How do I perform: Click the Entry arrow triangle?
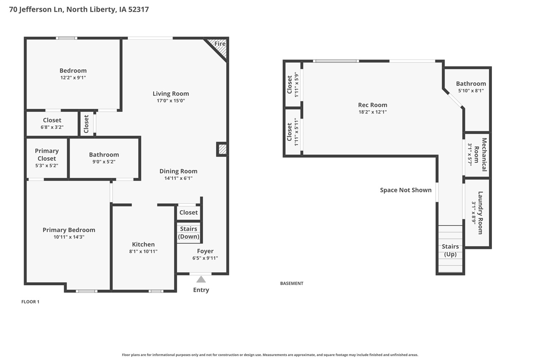201,279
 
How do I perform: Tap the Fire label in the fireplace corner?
220,44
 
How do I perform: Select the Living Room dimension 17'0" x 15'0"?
171,101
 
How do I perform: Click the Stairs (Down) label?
189,233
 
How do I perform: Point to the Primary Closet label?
47,154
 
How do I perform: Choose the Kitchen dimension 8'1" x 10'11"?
143,252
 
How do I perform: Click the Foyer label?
205,251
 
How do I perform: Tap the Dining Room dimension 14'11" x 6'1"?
178,178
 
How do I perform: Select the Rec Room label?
373,105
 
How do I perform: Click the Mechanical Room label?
481,154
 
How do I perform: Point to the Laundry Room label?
481,213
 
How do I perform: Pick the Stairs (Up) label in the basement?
450,250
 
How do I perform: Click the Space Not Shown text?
406,190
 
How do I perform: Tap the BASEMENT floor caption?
292,284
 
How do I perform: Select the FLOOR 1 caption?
30,302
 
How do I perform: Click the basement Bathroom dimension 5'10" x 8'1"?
471,91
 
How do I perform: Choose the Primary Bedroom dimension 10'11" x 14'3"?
69,237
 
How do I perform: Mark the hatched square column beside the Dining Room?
222,149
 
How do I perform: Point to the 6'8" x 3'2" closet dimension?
52,127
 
